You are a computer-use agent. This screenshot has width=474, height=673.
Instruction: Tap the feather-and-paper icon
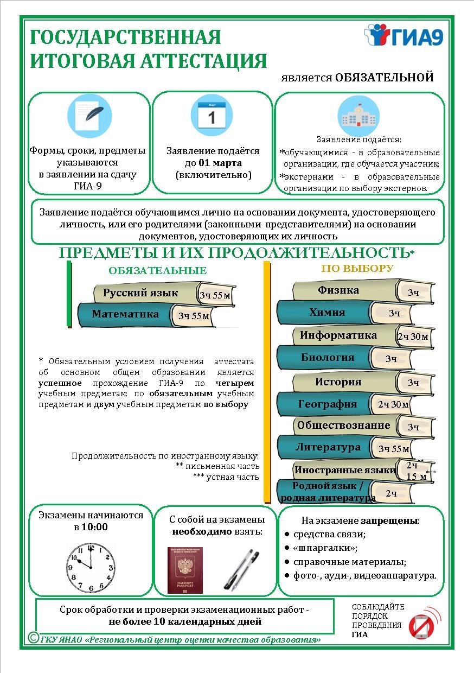[x=89, y=116]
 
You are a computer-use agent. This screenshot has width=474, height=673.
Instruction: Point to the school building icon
[x=358, y=116]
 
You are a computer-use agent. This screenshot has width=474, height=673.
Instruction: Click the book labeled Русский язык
[x=140, y=293]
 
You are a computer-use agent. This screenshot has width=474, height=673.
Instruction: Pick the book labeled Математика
[x=125, y=314]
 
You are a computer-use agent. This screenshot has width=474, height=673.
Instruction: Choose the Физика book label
[x=338, y=290]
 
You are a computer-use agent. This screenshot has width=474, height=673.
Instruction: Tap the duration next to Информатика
[x=413, y=336]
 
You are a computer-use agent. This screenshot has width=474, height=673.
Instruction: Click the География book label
[x=328, y=404]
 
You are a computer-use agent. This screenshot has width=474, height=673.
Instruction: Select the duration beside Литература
[x=394, y=448]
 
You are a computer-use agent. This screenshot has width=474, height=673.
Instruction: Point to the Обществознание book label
[x=343, y=426]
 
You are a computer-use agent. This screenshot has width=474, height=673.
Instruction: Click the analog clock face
[x=91, y=563]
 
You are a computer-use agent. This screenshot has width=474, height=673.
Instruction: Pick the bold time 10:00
[x=95, y=527]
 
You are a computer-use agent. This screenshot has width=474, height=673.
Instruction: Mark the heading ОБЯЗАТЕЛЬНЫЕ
[x=157, y=271]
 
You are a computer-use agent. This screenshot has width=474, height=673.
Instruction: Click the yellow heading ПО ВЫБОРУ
[x=357, y=268]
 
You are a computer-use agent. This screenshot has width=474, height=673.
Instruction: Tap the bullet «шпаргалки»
[x=325, y=548]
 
